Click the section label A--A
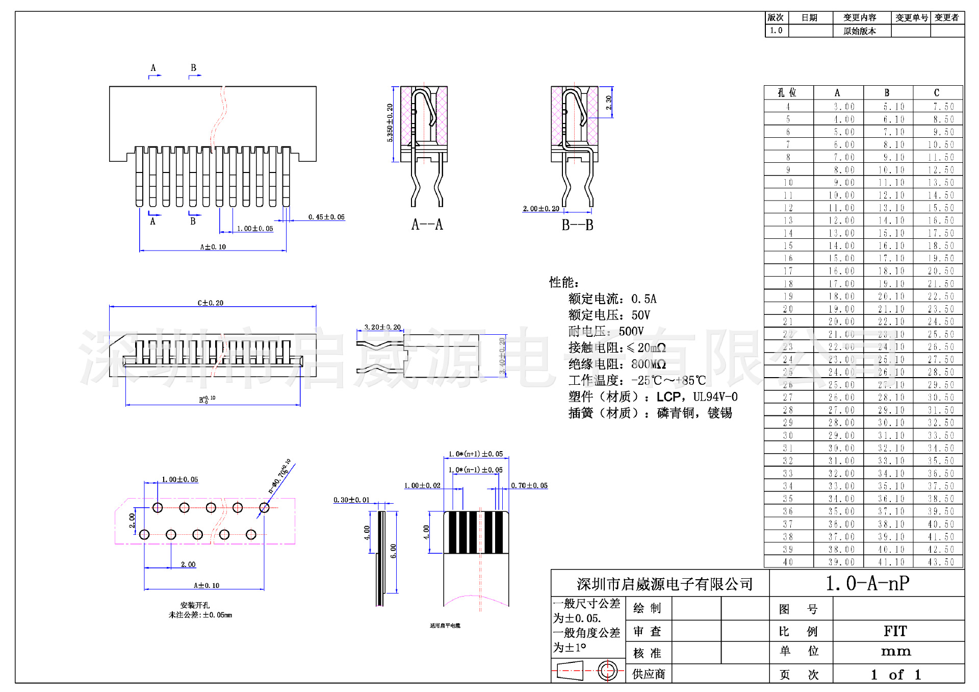coord(427,225)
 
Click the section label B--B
coord(577,225)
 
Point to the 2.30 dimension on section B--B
coord(608,102)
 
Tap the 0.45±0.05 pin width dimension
coord(326,217)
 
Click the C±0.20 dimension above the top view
coord(211,303)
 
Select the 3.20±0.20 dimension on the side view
coord(382,327)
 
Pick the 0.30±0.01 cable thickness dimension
coord(351,500)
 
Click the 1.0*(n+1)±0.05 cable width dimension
coord(476,454)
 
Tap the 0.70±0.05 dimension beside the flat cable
coord(529,485)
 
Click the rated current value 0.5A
coord(644,299)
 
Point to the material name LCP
coord(668,397)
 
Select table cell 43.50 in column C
coord(941,562)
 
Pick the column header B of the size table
coord(887,93)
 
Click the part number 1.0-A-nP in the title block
coord(867,583)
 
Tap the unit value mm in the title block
coord(896,651)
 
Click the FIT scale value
coord(895,631)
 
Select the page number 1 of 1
coord(896,675)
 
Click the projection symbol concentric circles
coord(607,671)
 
